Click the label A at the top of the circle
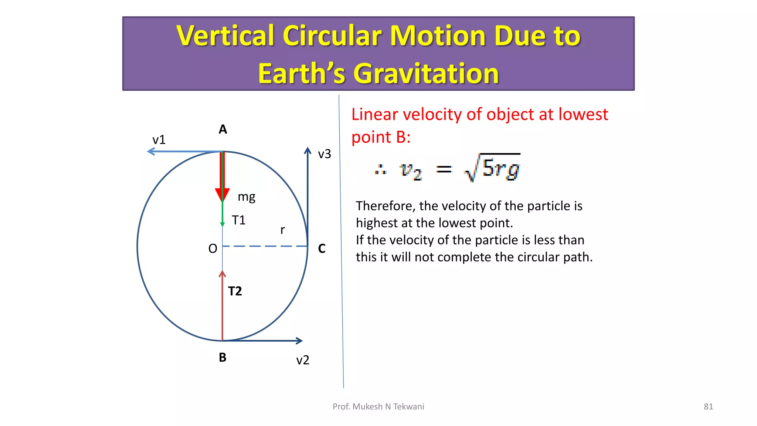tap(223, 129)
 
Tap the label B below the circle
tap(223, 357)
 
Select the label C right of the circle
tap(322, 248)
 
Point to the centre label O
tap(213, 248)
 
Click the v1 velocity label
tap(159, 140)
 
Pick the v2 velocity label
tap(302, 360)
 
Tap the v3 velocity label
tap(324, 154)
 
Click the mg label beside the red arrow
tap(247, 197)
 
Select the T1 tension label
tap(238, 220)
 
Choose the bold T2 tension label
tap(235, 291)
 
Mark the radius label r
tap(282, 230)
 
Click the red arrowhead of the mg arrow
tap(222, 194)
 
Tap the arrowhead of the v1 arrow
tap(151, 151)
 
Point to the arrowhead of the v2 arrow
tap(299, 341)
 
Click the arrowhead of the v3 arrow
tap(308, 151)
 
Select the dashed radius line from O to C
tap(265, 246)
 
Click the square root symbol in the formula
tap(472, 169)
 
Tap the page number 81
tap(708, 407)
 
